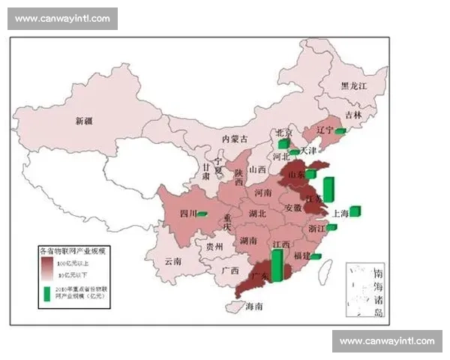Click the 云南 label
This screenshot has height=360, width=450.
pyautogui.click(x=173, y=262)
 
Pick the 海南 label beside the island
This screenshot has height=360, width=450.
pyautogui.click(x=254, y=306)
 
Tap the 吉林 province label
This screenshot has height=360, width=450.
pyautogui.click(x=352, y=115)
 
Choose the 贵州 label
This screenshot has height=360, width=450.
pyautogui.click(x=214, y=246)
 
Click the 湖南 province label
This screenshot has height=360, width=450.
pyautogui.click(x=249, y=241)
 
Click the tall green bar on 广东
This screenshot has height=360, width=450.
pyautogui.click(x=277, y=266)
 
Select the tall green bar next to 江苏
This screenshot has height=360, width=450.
pyautogui.click(x=328, y=189)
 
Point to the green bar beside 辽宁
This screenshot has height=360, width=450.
pyautogui.click(x=339, y=131)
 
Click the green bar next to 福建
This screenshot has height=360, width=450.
pyautogui.click(x=316, y=256)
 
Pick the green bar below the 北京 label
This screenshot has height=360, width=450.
pyautogui.click(x=283, y=143)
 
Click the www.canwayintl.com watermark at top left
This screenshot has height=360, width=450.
pyautogui.click(x=62, y=18)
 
